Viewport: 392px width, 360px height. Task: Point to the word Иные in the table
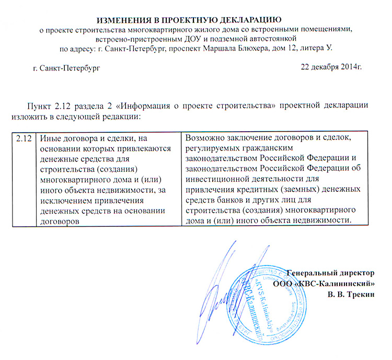(50, 138)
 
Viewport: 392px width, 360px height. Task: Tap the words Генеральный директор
(331, 273)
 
